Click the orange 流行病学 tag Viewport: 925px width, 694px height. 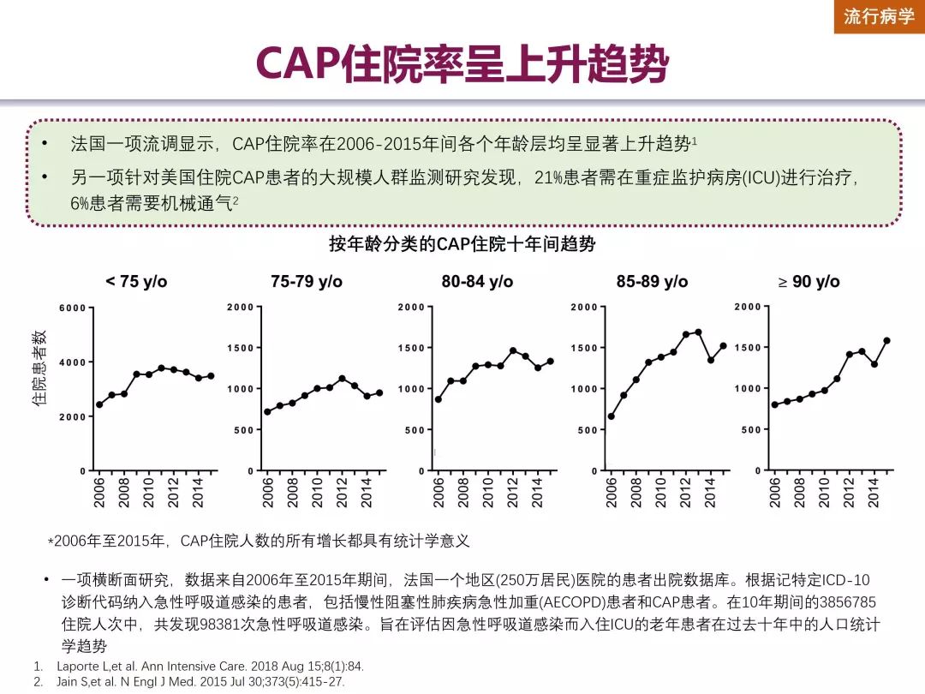pyautogui.click(x=879, y=16)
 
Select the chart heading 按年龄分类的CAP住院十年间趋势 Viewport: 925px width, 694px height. pyautogui.click(x=462, y=245)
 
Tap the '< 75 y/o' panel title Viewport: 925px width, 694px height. pyautogui.click(x=136, y=282)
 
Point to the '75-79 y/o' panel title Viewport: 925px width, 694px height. pyautogui.click(x=307, y=282)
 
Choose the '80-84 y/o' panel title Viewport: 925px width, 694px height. pyautogui.click(x=477, y=282)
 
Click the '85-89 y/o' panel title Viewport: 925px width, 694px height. pyautogui.click(x=652, y=282)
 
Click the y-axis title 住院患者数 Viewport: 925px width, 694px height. pyautogui.click(x=39, y=368)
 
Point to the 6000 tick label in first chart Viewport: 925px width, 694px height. pyautogui.click(x=73, y=308)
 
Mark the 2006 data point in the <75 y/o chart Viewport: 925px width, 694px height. pyautogui.click(x=99, y=404)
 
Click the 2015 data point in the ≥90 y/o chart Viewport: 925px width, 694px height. pyautogui.click(x=886, y=340)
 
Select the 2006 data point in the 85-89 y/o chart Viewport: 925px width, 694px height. pyautogui.click(x=612, y=416)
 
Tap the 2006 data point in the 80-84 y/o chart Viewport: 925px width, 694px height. pyautogui.click(x=439, y=399)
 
